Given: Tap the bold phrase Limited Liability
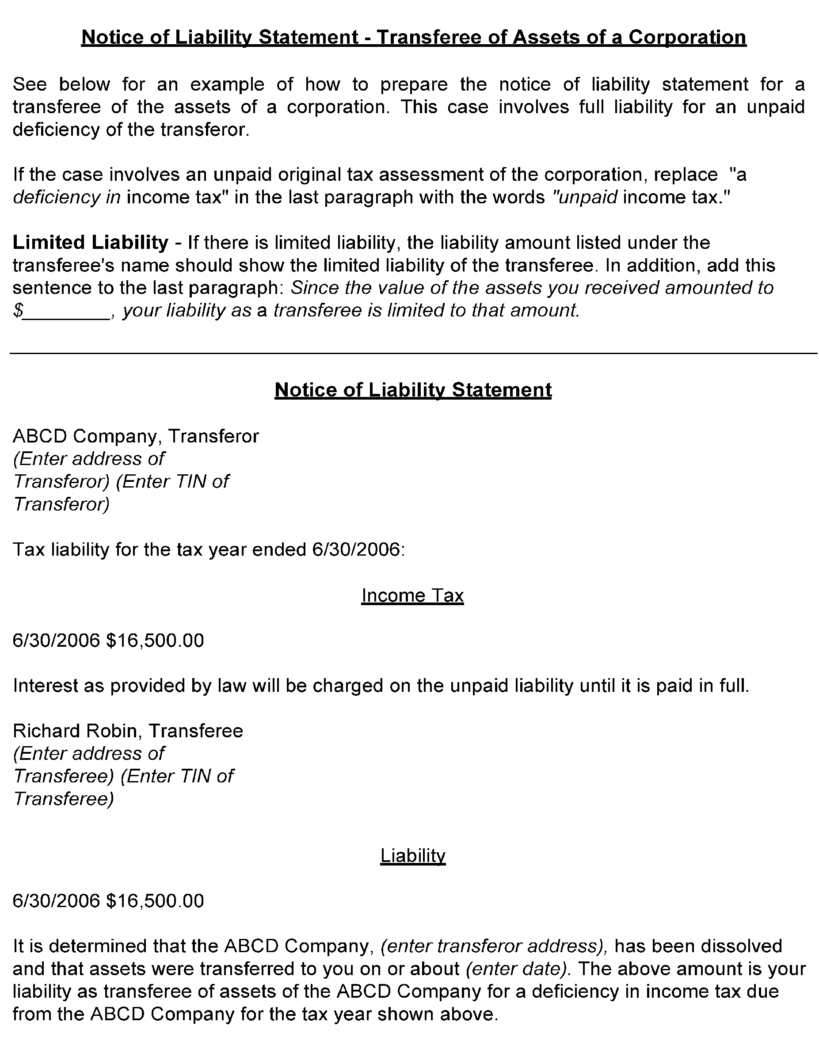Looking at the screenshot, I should pyautogui.click(x=90, y=243).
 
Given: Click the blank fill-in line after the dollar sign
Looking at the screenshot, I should pyautogui.click(x=67, y=312).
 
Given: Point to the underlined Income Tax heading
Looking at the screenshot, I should pyautogui.click(x=412, y=595).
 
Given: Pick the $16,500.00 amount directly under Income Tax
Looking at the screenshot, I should pyautogui.click(x=155, y=641).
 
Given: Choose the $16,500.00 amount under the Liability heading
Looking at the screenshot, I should pyautogui.click(x=155, y=901).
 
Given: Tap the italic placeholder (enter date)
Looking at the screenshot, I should pyautogui.click(x=518, y=969).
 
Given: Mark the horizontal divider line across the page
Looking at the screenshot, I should pyautogui.click(x=412, y=354).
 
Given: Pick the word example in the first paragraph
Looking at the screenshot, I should pyautogui.click(x=227, y=84).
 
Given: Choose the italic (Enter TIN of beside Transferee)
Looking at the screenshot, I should pyautogui.click(x=176, y=776).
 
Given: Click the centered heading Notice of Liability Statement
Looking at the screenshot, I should pyautogui.click(x=413, y=390).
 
